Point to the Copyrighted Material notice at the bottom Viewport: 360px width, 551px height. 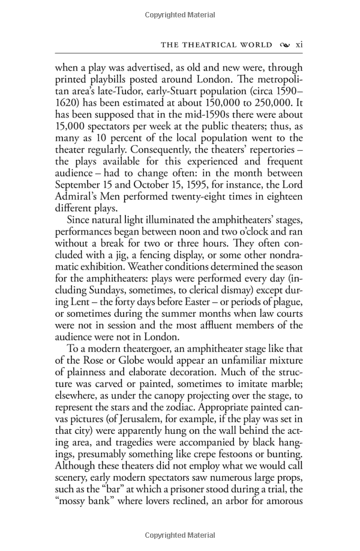pos(180,535)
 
